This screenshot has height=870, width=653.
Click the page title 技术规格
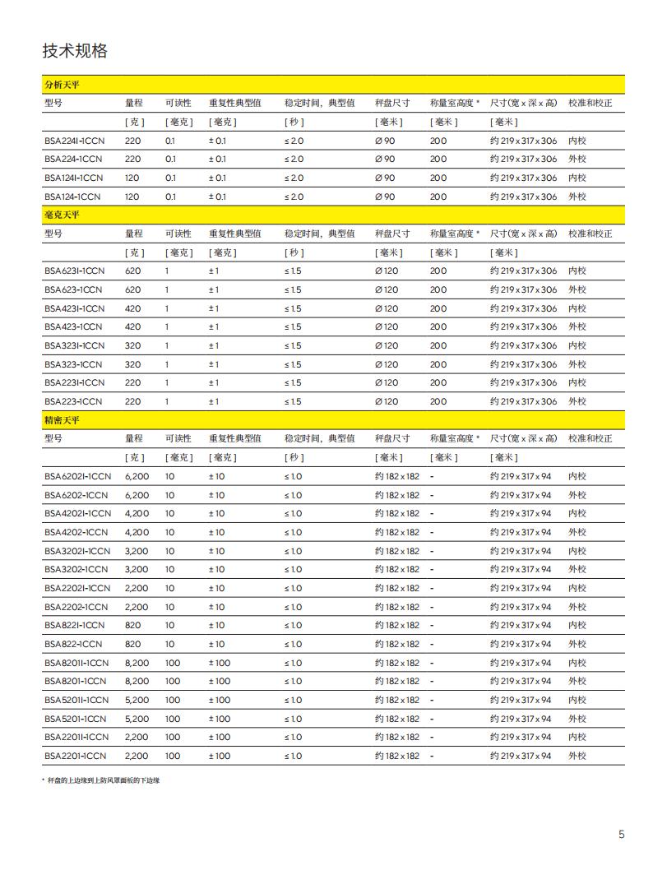click(x=75, y=51)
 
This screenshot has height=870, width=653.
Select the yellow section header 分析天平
click(x=62, y=85)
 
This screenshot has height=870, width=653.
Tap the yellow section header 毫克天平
click(x=62, y=215)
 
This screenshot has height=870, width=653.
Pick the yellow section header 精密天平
click(x=62, y=420)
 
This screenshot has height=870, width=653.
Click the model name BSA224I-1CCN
click(x=74, y=141)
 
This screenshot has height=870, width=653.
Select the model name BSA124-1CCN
click(x=74, y=197)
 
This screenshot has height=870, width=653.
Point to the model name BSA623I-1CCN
click(x=74, y=271)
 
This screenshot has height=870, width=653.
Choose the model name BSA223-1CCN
click(x=74, y=401)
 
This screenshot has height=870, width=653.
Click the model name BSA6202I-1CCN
click(x=77, y=476)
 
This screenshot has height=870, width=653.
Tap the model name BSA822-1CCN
click(x=74, y=644)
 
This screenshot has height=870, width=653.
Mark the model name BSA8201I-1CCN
click(x=76, y=663)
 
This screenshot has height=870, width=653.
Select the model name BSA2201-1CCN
click(x=75, y=756)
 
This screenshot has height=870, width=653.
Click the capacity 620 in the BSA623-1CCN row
click(x=132, y=289)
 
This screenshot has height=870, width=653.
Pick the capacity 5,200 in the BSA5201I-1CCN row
click(x=137, y=700)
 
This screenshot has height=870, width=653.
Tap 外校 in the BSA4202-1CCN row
click(x=577, y=532)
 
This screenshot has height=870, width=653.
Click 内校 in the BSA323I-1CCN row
click(x=577, y=345)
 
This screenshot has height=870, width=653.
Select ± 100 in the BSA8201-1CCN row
click(x=220, y=681)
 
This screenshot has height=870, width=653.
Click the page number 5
click(x=622, y=835)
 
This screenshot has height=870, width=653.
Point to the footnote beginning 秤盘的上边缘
click(x=103, y=780)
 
